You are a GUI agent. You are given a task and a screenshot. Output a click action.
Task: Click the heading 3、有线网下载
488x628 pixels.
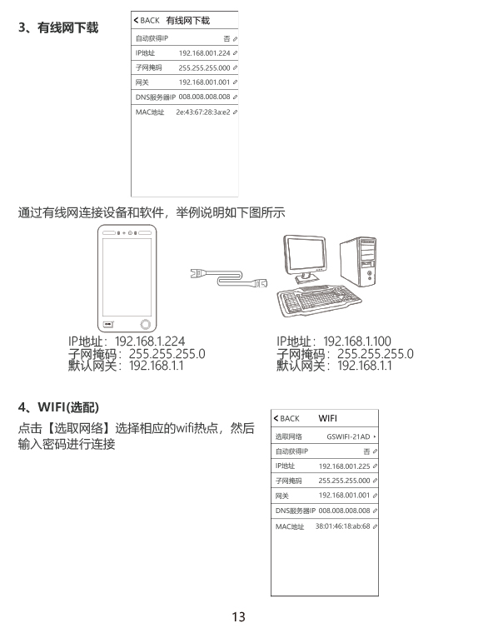tap(58, 27)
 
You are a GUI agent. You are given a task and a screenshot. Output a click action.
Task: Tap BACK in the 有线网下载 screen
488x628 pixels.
tap(147, 21)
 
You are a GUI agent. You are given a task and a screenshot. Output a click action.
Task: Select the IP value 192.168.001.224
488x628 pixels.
tap(204, 52)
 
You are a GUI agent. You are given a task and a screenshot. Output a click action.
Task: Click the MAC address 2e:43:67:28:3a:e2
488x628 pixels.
tap(203, 112)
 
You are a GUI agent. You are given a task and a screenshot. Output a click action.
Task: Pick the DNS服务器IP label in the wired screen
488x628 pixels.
tap(156, 97)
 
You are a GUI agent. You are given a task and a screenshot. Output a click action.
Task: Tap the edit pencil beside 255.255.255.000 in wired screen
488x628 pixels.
tap(235, 67)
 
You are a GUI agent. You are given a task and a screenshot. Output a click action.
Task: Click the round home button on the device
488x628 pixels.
tap(146, 324)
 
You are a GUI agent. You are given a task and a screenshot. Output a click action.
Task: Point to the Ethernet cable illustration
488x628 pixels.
tap(228, 278)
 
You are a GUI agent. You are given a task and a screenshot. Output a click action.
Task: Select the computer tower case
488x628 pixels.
tap(358, 262)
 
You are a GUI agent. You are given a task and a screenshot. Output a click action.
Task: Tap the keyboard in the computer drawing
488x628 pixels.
tap(318, 301)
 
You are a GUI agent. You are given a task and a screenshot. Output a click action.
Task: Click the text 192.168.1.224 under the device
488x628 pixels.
tap(150, 341)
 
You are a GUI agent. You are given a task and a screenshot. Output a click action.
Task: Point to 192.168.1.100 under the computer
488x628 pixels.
tap(357, 341)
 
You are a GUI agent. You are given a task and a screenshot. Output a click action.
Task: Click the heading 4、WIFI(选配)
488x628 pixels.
tap(58, 407)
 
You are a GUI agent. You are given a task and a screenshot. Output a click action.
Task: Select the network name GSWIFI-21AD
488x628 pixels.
tap(348, 436)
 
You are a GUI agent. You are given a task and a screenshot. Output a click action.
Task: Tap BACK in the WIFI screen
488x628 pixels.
tap(286, 419)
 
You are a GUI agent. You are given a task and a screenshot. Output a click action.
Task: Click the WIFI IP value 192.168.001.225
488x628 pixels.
tap(344, 466)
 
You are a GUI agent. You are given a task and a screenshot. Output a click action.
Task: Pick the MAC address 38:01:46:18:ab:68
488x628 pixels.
tap(342, 526)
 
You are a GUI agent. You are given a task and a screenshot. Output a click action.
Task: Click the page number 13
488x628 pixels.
tap(239, 617)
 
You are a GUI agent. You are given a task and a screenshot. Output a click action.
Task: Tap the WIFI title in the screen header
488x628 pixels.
tap(327, 418)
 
